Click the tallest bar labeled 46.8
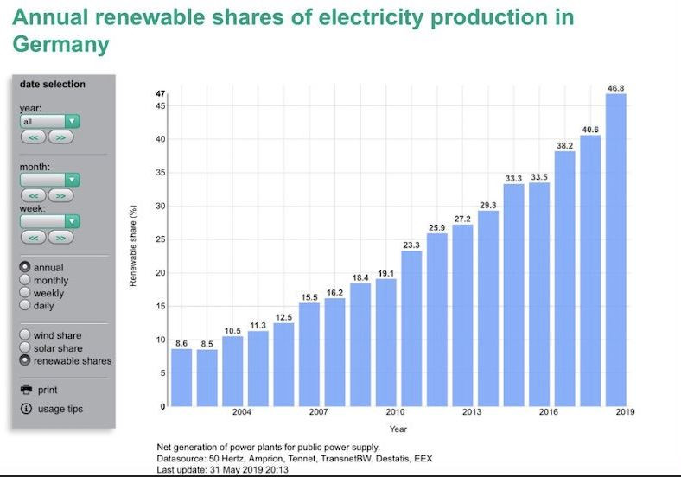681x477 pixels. click(615, 250)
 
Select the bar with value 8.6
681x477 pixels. click(181, 377)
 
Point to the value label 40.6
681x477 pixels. click(590, 130)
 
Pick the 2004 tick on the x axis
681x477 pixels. click(242, 412)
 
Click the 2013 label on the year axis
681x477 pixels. click(472, 412)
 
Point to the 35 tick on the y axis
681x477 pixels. click(161, 173)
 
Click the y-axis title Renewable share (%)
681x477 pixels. click(134, 246)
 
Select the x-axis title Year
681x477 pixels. click(398, 429)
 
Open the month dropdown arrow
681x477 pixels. click(73, 180)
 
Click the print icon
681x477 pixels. click(26, 390)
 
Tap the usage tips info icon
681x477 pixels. click(26, 409)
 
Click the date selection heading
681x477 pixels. click(53, 85)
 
